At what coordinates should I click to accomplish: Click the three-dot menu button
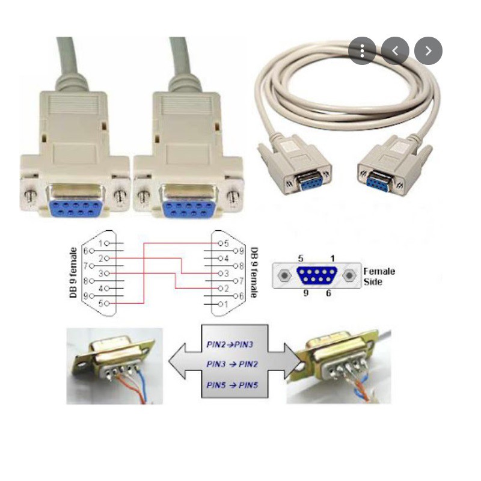362,51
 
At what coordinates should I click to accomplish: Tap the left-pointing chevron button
395,51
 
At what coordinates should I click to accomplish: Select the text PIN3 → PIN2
232,364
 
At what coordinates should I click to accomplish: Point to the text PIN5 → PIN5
232,384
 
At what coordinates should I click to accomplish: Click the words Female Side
379,276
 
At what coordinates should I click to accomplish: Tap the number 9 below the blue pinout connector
305,293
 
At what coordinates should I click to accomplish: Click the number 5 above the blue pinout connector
301,258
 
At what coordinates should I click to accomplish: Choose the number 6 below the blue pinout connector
329,293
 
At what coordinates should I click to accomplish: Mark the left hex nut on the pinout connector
284,276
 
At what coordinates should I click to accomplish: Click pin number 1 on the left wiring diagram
103,243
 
